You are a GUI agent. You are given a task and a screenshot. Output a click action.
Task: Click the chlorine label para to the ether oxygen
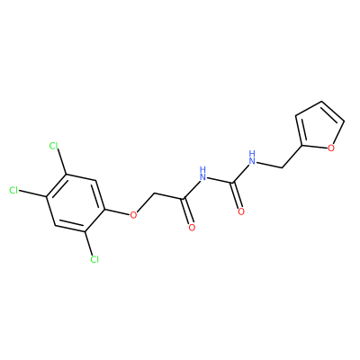pyautogui.click(x=13, y=190)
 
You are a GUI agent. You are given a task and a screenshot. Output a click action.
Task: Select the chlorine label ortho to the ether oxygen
pyautogui.click(x=94, y=259)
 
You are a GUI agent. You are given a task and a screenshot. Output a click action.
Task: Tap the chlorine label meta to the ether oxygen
pyautogui.click(x=53, y=146)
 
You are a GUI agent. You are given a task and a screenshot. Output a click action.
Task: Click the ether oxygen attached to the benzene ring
pyautogui.click(x=133, y=215)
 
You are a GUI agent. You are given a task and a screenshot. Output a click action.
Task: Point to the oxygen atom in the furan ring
pyautogui.click(x=331, y=148)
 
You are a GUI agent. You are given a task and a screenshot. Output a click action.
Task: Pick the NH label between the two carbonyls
pyautogui.click(x=203, y=174)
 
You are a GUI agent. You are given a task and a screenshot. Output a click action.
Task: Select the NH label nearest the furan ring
pyautogui.click(x=252, y=157)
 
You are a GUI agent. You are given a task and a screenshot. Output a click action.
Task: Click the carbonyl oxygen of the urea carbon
pyautogui.click(x=241, y=211)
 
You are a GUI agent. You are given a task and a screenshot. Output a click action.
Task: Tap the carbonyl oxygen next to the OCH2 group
pyautogui.click(x=192, y=228)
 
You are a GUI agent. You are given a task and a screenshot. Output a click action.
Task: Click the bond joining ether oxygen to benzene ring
pyautogui.click(x=116, y=211)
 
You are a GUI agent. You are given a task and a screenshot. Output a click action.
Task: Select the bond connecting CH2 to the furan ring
pyautogui.click(x=292, y=157)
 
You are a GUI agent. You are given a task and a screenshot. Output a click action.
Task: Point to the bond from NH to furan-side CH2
pyautogui.click(x=270, y=165)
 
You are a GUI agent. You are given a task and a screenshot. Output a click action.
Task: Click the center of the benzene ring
pyautogui.click(x=75, y=203)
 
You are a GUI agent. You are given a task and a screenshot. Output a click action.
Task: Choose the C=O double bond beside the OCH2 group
pyautogui.click(x=187, y=211)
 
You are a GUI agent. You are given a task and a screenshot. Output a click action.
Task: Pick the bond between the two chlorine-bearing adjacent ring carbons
pyautogui.click(x=56, y=185)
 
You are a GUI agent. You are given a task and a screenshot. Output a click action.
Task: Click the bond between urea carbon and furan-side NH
pyautogui.click(x=241, y=172)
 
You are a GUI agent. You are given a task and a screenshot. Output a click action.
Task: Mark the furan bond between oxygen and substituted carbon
pyautogui.click(x=314, y=147)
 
